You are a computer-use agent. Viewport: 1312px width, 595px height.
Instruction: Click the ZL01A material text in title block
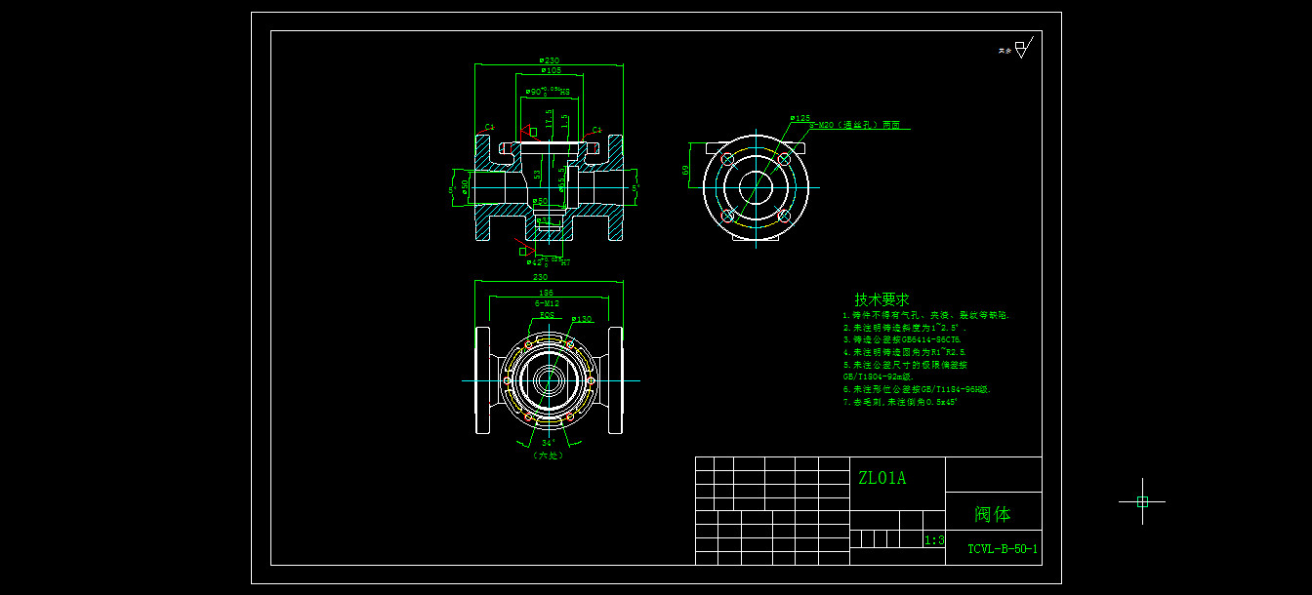tap(881, 478)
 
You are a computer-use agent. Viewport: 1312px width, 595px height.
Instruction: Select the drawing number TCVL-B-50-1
tap(1003, 549)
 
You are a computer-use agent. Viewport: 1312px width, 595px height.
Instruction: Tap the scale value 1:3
tap(933, 540)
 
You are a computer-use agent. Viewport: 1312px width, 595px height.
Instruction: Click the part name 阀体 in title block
tap(992, 514)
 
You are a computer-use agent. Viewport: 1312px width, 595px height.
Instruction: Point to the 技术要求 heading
tap(881, 299)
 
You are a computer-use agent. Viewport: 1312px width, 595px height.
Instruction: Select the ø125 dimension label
tap(800, 118)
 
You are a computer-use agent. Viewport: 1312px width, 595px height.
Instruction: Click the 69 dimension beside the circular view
tap(686, 170)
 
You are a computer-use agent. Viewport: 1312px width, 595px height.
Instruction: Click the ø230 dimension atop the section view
tap(549, 60)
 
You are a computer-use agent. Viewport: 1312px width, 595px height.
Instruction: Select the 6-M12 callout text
tap(547, 304)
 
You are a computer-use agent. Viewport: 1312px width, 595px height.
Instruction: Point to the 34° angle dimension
tap(548, 442)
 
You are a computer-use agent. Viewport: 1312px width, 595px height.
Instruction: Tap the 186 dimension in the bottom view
tap(547, 293)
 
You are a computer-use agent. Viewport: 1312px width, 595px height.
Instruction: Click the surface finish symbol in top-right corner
tap(1021, 48)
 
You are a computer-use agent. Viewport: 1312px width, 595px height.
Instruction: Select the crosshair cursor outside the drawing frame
tap(1142, 501)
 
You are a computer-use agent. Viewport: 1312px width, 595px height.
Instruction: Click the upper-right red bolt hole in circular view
tap(783, 158)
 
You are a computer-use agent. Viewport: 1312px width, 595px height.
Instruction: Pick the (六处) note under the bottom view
tap(548, 455)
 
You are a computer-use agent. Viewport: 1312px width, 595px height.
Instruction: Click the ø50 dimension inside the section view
tap(541, 202)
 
